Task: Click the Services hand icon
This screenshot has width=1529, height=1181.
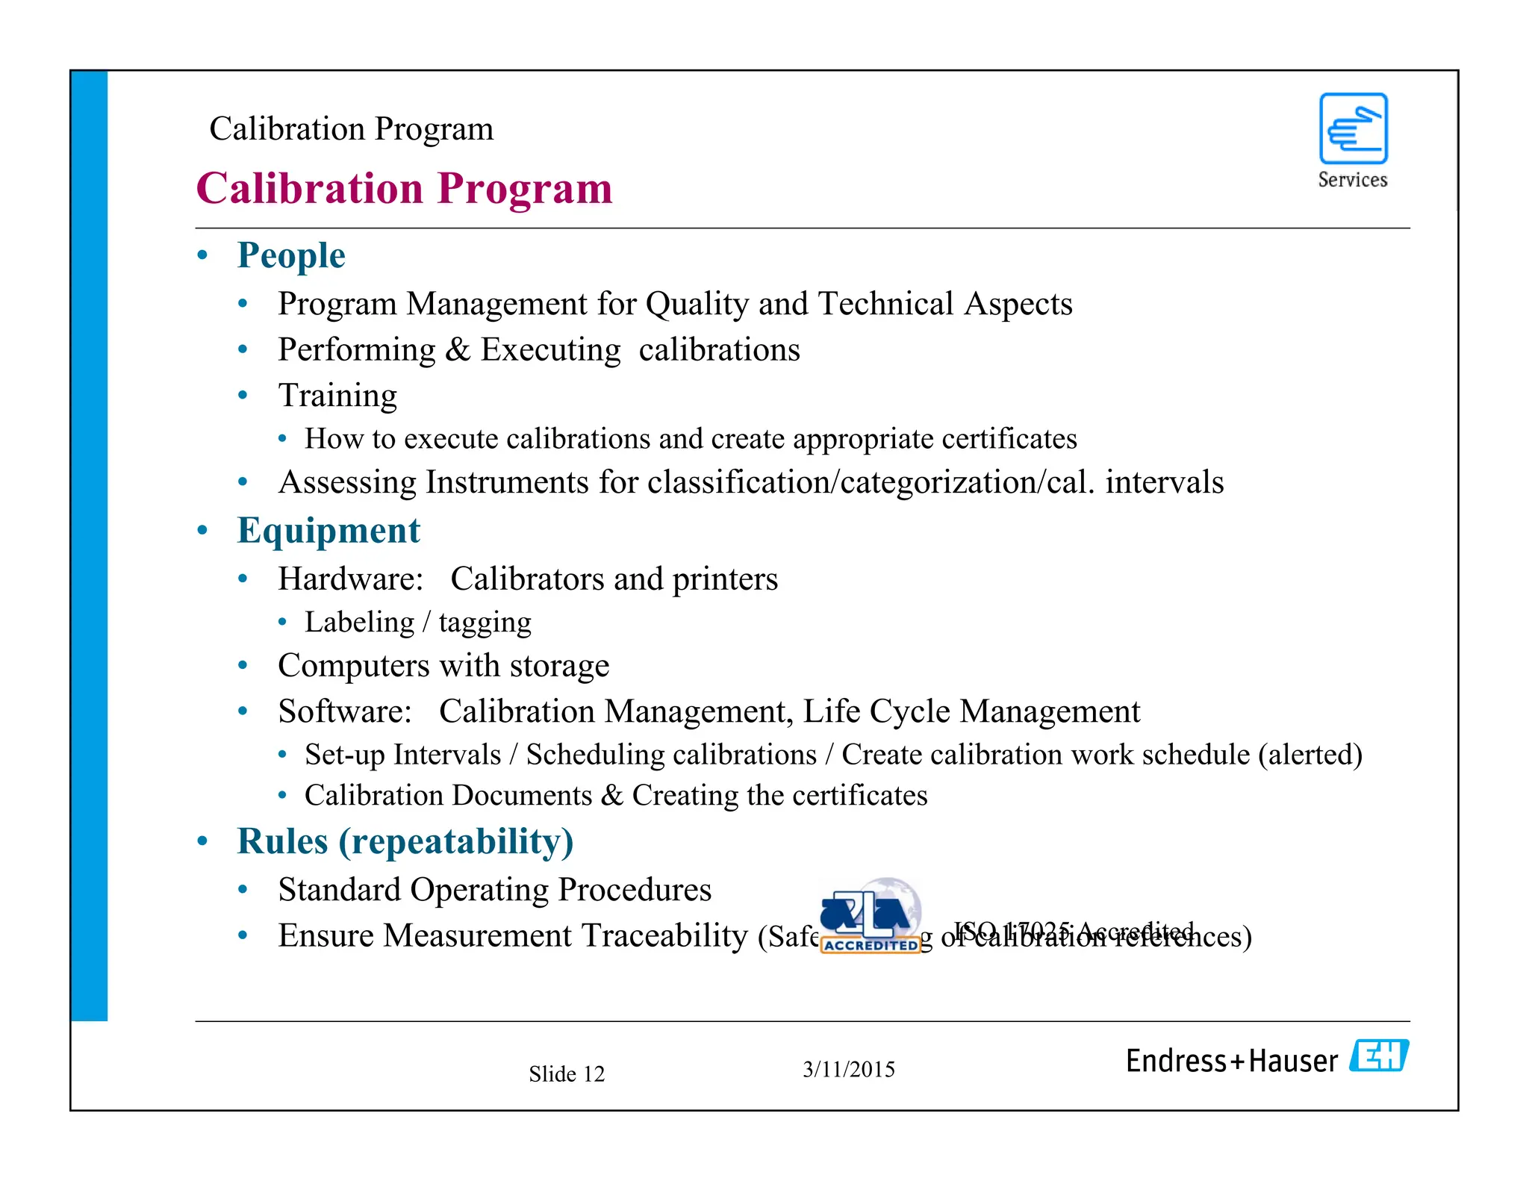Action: click(1353, 128)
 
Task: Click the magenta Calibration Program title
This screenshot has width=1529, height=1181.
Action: click(404, 188)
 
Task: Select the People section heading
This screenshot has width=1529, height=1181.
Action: click(291, 255)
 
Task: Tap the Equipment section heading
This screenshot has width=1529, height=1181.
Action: click(328, 531)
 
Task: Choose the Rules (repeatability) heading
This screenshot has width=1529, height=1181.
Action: click(405, 841)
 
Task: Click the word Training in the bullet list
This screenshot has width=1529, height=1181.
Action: click(337, 396)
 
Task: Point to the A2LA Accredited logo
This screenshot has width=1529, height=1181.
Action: click(871, 917)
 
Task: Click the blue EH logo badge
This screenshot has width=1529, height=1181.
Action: click(1379, 1056)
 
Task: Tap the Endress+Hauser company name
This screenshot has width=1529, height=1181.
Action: click(1232, 1061)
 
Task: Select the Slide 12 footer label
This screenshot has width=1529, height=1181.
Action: click(567, 1074)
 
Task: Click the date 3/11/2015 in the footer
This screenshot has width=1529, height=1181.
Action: click(849, 1069)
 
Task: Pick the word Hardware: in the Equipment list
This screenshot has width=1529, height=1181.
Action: click(351, 579)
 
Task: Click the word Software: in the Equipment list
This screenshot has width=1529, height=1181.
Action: click(345, 711)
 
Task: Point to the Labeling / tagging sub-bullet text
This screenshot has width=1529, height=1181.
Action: click(418, 622)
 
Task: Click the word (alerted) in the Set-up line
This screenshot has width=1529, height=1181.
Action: click(1310, 755)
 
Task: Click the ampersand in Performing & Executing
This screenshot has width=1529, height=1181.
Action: click(458, 350)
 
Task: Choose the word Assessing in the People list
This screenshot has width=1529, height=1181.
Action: click(346, 482)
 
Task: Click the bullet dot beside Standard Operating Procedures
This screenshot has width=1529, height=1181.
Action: click(243, 890)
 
